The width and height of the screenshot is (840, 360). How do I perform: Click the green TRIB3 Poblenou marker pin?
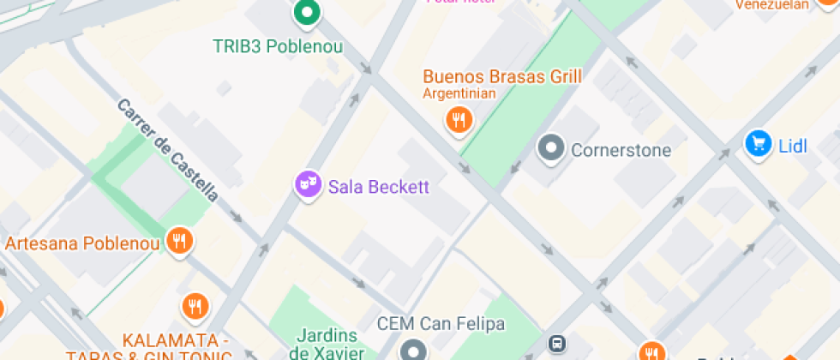pos(306,13)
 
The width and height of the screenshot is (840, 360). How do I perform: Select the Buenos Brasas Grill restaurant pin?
pos(460,119)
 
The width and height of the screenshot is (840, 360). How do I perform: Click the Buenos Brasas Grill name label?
pos(502,76)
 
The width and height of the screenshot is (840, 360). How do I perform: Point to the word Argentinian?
pos(459,93)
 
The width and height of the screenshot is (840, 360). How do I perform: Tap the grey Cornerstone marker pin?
pos(552,148)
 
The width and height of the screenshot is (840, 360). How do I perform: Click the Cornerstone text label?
pos(621,151)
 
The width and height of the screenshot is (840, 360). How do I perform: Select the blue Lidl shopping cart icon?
pos(758,143)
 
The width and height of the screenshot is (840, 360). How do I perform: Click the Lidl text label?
pos(793,146)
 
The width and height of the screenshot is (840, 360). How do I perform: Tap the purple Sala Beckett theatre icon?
pos(307,184)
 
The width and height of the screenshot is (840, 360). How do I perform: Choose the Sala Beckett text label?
pos(378,187)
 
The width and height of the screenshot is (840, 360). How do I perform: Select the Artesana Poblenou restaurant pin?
pos(179,241)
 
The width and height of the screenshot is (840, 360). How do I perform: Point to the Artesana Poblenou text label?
pos(83,243)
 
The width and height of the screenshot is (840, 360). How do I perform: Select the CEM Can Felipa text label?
pos(441,325)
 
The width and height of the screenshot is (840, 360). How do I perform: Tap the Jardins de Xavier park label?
pos(333,343)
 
